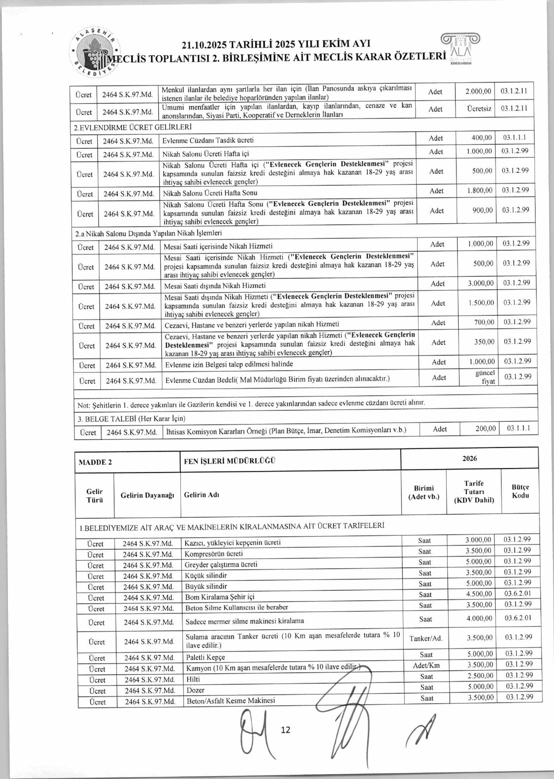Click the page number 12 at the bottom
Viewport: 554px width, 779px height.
pos(285,729)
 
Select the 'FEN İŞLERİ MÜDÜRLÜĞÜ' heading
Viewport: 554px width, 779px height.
pos(230,461)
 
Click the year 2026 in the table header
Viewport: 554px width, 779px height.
pos(470,458)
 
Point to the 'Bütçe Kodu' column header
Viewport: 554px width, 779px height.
pos(520,491)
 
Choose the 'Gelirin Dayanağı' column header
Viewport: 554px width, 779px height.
pos(147,495)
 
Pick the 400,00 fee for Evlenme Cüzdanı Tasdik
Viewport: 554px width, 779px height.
pos(482,137)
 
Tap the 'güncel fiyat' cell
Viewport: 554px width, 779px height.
pos(484,377)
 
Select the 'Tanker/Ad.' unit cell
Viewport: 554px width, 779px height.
pos(426,638)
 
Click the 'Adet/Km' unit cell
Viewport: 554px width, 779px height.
pos(426,665)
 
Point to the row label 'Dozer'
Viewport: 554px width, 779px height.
pos(195,690)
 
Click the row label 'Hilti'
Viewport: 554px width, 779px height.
pos(193,679)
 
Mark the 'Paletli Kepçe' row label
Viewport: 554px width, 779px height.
pos(205,657)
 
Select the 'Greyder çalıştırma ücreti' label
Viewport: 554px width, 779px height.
pos(221,564)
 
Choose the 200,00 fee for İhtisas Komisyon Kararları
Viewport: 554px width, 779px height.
pos(485,428)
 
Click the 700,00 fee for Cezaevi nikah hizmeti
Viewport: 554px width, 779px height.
pos(484,322)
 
